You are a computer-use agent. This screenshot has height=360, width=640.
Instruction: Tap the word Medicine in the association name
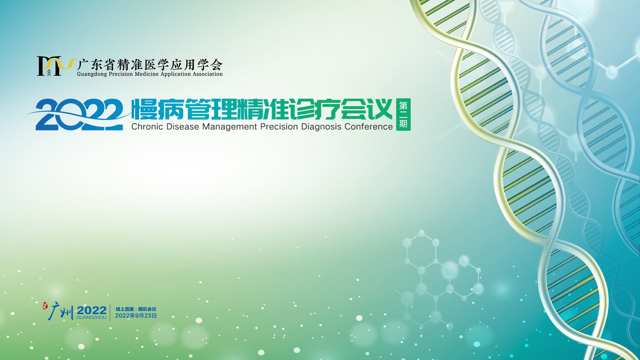147,74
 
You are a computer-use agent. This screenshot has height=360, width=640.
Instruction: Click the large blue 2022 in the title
79,114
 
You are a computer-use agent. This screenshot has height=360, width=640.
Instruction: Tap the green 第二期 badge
403,114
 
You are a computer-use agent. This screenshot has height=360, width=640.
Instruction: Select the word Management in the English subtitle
230,127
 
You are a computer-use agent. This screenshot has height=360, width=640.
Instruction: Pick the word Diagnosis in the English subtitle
321,127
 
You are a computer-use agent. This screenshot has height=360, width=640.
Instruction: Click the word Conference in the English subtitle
369,127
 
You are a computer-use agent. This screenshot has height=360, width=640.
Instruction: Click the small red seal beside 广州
45,306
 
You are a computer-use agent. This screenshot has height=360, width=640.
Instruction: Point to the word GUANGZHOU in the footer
91,318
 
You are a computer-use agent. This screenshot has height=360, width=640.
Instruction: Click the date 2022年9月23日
136,316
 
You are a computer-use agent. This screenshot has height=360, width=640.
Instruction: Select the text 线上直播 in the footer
125,309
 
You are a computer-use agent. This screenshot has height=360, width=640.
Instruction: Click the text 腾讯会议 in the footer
147,309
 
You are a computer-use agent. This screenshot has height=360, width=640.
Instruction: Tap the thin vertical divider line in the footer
110,312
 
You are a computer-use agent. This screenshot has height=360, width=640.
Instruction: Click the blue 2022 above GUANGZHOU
92,310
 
